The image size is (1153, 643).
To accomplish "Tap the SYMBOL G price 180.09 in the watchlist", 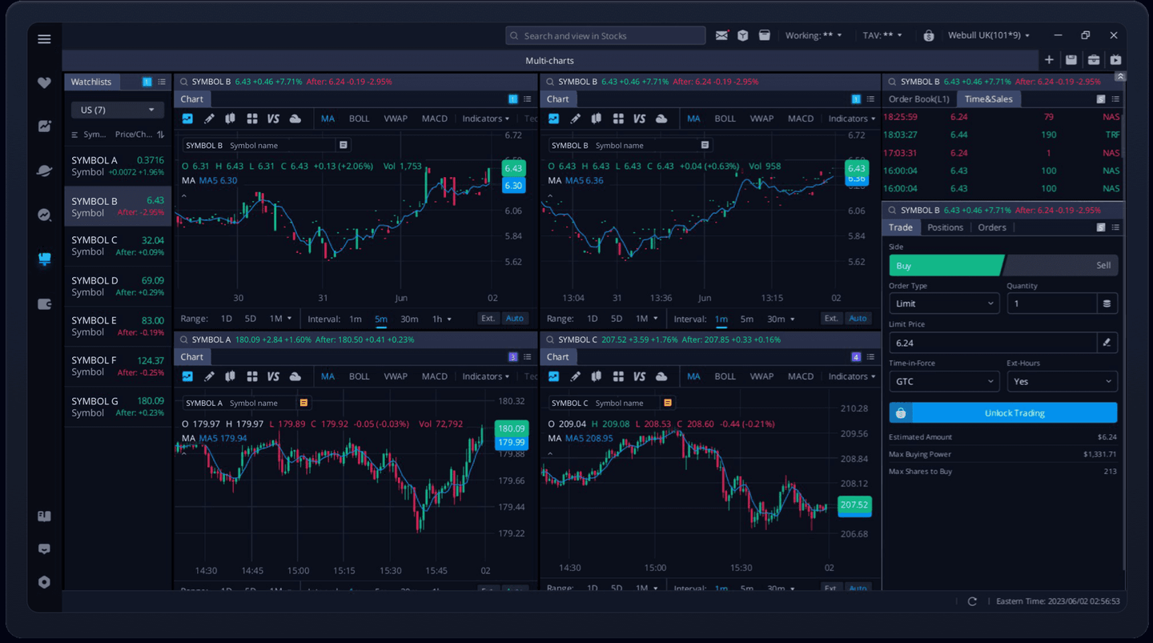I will (x=150, y=401).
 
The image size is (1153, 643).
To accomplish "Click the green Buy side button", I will (x=945, y=266).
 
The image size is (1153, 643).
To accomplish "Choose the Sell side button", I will (x=1061, y=266).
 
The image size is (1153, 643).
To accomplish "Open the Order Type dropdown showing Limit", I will (x=944, y=303).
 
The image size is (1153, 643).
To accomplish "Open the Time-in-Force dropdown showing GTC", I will (x=944, y=382).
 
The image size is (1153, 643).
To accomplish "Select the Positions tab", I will (x=945, y=227).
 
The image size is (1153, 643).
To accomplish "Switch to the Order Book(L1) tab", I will (x=918, y=99).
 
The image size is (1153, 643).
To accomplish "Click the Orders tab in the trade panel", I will (x=991, y=227).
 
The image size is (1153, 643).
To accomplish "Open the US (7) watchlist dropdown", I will (x=117, y=110).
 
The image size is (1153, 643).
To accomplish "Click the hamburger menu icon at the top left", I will (x=44, y=39).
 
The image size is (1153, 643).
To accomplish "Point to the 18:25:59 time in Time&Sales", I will (x=900, y=117).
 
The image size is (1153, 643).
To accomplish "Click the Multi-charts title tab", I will (x=549, y=61).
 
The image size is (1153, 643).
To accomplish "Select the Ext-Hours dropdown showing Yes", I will (x=1062, y=382).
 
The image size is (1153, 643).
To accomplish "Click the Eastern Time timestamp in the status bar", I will (x=1057, y=601).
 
